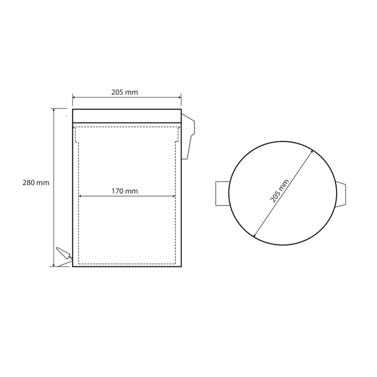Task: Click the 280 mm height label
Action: pos(36,183)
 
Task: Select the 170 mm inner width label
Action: pos(124,191)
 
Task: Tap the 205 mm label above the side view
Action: pos(124,92)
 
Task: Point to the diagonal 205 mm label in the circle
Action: pos(279,191)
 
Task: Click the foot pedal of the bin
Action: pos(64,253)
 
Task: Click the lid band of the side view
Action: pos(127,116)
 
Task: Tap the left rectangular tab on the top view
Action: pos(222,194)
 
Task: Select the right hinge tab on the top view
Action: pos(341,194)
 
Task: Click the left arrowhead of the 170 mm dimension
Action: pos(80,196)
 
